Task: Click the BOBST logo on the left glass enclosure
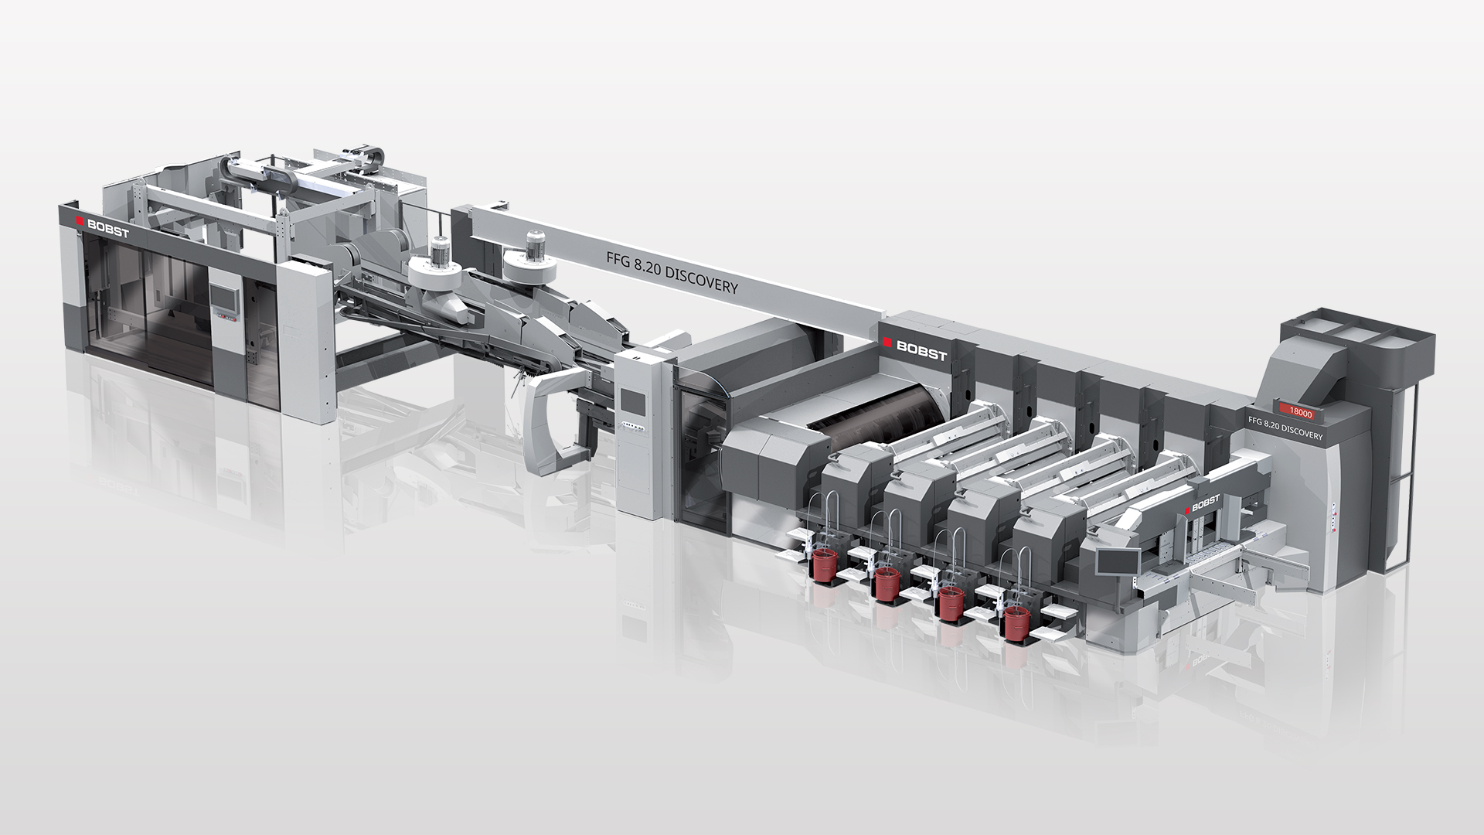click(x=104, y=223)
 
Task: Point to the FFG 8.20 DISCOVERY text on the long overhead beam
click(x=672, y=274)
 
